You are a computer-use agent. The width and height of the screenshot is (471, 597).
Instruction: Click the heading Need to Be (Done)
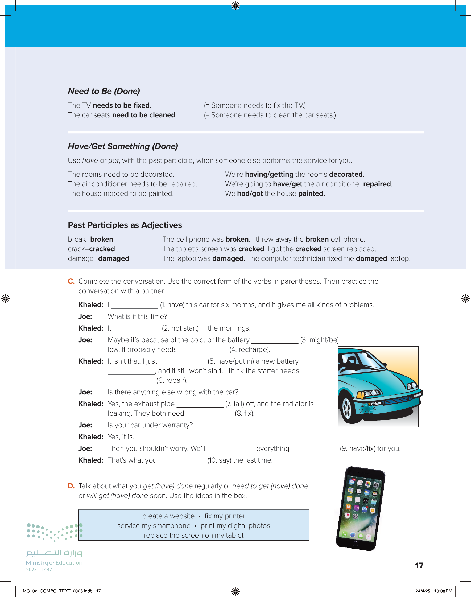(x=104, y=91)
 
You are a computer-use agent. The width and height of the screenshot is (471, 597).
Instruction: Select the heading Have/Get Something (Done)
(x=123, y=146)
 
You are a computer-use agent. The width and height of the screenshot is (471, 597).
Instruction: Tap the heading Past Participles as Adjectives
(x=125, y=225)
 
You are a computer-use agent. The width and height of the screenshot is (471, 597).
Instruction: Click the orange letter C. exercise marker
(x=71, y=281)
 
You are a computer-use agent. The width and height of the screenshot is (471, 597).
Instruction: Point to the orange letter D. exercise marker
(x=71, y=486)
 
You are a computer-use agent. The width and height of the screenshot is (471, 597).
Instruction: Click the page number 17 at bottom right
(x=419, y=566)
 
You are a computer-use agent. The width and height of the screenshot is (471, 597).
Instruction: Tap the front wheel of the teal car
(x=347, y=408)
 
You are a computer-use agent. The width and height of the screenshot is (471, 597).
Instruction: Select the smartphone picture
(x=360, y=509)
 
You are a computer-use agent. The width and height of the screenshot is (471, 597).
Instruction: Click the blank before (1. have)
(x=135, y=305)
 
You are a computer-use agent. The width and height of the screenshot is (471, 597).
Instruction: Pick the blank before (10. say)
(x=182, y=461)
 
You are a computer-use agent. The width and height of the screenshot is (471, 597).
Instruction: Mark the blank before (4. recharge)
(x=204, y=350)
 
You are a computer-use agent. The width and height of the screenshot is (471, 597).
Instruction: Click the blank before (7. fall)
(x=200, y=404)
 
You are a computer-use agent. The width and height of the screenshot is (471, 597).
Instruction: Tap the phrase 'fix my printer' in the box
(x=225, y=516)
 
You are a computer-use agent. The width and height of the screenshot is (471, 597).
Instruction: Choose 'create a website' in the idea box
(x=168, y=516)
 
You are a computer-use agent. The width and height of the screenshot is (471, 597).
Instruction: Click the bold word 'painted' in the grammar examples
(x=311, y=193)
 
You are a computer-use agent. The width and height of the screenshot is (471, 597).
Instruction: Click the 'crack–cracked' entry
(x=91, y=249)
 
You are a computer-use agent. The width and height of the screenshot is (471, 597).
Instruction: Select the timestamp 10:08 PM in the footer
(x=443, y=591)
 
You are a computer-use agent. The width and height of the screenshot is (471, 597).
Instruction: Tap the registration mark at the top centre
(x=236, y=6)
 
